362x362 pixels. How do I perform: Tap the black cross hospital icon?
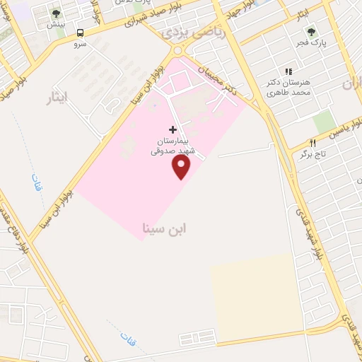pos(173,130)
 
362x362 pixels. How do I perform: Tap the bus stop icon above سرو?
pos(80,33)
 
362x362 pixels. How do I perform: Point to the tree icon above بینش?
pos(56,13)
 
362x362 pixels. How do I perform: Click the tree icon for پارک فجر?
pos(309,31)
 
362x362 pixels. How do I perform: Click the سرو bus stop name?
pos(80,44)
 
